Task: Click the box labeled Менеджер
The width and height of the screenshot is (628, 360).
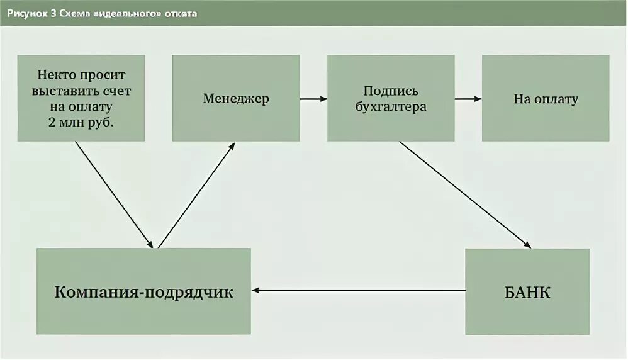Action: tap(236, 98)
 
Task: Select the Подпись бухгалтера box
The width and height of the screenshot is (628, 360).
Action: tap(390, 98)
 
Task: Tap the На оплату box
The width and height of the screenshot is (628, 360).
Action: tap(545, 98)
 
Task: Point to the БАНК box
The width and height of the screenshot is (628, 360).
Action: tap(527, 291)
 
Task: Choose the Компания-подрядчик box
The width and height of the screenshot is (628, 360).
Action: tap(143, 291)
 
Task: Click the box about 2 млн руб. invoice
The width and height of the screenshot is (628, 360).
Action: tap(81, 98)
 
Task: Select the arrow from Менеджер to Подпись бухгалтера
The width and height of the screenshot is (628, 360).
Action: tap(313, 99)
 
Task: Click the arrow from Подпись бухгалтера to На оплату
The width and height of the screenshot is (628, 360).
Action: tap(468, 99)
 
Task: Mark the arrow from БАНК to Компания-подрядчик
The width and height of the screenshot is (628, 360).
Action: tap(359, 291)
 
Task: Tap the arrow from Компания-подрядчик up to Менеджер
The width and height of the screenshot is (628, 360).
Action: tap(196, 194)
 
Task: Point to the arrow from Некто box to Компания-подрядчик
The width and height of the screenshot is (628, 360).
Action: tap(114, 194)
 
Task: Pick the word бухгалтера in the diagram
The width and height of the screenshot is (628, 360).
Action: tap(390, 106)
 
